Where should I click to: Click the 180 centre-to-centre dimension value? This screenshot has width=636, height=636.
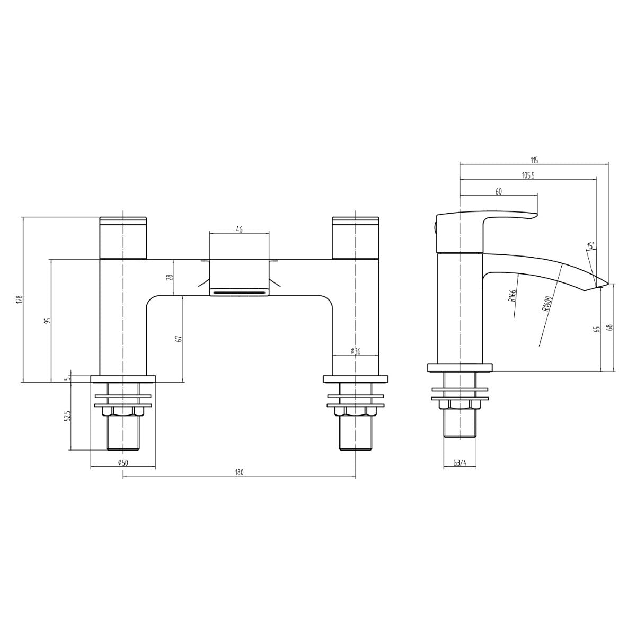coord(239,472)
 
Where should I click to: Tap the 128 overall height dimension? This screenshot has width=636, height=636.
coord(21,299)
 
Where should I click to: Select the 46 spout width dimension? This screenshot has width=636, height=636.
coord(239,229)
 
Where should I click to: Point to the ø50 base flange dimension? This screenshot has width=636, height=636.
coord(123,463)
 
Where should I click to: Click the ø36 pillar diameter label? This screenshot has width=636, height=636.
coord(355,351)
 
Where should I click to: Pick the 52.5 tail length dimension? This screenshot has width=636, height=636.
coord(69,417)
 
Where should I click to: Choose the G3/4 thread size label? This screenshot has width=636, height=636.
coord(460,463)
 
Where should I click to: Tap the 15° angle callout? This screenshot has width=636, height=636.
coord(590,245)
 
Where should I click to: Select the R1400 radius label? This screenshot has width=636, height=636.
coord(546,304)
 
